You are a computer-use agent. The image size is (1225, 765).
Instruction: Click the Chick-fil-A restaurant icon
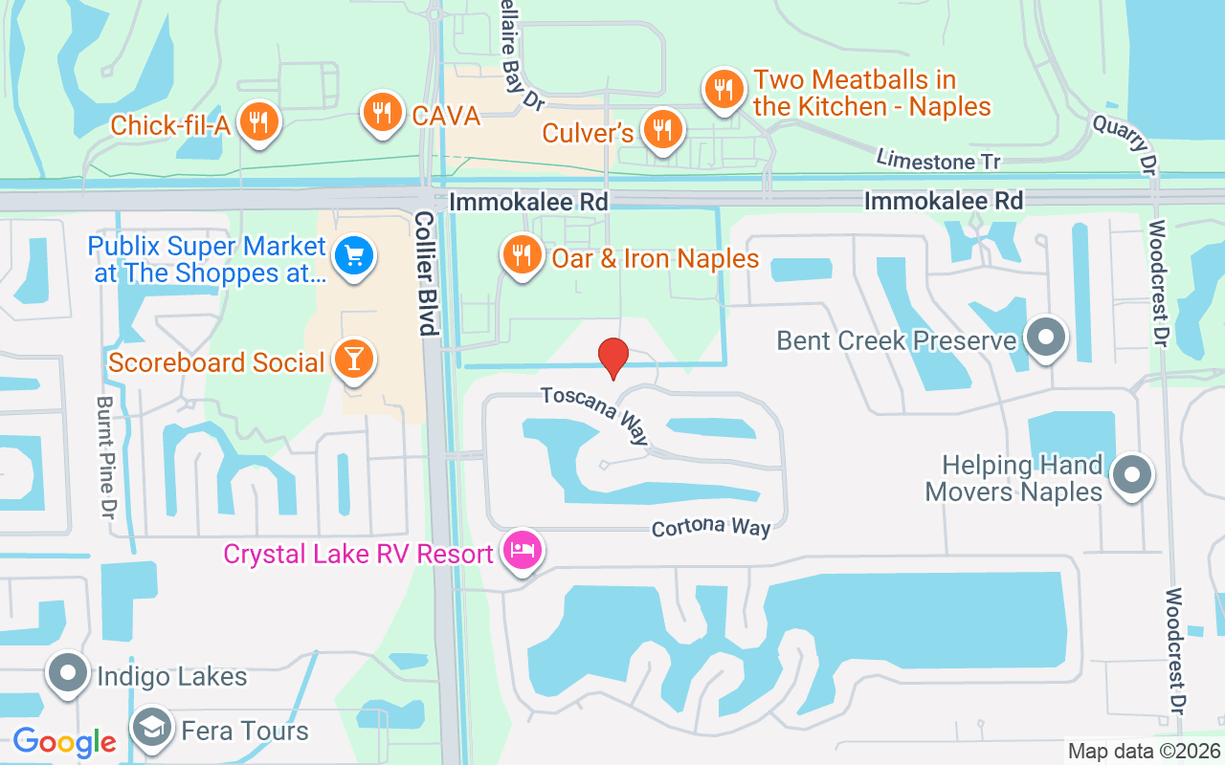point(257,122)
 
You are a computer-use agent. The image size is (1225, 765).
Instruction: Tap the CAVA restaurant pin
point(382,113)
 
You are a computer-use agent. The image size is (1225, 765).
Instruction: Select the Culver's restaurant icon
point(660,129)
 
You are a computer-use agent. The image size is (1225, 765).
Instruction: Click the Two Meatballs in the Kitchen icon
point(723,90)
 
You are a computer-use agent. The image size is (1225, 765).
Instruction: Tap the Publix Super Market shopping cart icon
point(354,256)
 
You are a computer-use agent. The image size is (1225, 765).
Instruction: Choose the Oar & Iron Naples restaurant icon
point(522,255)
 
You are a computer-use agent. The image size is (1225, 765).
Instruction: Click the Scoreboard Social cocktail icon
point(354,361)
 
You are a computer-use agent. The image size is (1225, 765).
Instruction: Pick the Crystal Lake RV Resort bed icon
point(523,551)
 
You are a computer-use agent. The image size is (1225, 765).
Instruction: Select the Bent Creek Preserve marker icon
point(1046,338)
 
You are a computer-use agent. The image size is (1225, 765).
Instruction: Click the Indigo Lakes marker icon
point(68,673)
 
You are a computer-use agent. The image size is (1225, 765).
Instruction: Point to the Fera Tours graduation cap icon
point(152,729)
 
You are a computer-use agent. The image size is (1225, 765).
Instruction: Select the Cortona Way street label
point(711,528)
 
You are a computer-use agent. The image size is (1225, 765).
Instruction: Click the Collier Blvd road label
point(425,273)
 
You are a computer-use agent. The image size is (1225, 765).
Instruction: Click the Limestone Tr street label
point(938,160)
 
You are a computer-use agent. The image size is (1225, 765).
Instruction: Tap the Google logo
point(64,741)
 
